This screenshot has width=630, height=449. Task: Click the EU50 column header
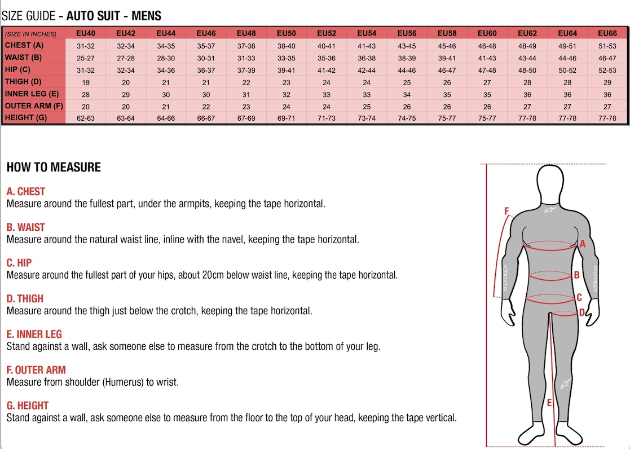(x=287, y=33)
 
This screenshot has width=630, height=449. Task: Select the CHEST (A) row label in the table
(x=24, y=45)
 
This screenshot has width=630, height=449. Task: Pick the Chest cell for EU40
(x=86, y=46)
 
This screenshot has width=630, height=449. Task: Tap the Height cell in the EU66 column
(x=607, y=118)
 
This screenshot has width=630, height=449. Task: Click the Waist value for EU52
(x=327, y=58)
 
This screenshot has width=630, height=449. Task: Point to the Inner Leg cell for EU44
(x=166, y=95)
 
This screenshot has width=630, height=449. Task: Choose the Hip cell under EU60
(x=487, y=71)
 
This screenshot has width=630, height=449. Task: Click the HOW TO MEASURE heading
(x=54, y=167)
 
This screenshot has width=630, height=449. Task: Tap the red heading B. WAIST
(x=25, y=227)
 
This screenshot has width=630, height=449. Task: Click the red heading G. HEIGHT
(x=27, y=406)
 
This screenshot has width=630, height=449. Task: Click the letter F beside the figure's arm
(x=506, y=212)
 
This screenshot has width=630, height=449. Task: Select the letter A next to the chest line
(x=583, y=244)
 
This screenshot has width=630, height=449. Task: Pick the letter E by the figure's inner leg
(x=549, y=403)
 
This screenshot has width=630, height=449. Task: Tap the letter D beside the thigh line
(x=582, y=312)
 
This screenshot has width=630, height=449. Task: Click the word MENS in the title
(x=146, y=15)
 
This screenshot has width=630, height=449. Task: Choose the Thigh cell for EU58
(x=447, y=82)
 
